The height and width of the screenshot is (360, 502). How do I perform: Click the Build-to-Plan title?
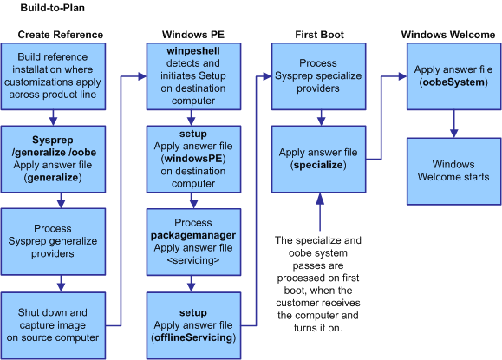[53, 8]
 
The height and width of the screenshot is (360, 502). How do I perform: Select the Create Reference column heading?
[61, 35]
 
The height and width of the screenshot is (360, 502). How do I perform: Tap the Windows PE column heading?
[193, 35]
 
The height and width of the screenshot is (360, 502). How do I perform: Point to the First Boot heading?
[320, 35]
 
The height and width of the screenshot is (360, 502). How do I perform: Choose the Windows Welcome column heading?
[448, 35]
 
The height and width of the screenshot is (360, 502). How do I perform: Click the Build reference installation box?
[53, 76]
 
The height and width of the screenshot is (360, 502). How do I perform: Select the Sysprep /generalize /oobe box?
[53, 160]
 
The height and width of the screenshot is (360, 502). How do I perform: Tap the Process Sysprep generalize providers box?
[53, 242]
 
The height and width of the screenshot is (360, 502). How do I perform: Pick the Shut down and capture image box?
[53, 325]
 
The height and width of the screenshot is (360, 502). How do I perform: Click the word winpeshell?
[193, 51]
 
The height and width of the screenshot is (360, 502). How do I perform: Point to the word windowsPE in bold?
[193, 159]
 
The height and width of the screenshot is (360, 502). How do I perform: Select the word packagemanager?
[193, 235]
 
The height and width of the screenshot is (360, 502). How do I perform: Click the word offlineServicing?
[193, 337]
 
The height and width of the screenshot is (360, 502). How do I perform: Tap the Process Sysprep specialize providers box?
[318, 76]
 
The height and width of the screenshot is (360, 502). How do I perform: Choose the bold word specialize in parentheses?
[318, 165]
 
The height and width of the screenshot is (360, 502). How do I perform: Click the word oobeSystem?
[453, 82]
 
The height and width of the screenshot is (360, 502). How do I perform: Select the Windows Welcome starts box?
[453, 172]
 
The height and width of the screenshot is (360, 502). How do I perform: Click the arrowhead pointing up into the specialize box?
[320, 199]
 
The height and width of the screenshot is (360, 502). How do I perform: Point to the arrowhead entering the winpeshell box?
[142, 76]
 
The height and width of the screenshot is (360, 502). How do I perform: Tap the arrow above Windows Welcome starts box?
[453, 124]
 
